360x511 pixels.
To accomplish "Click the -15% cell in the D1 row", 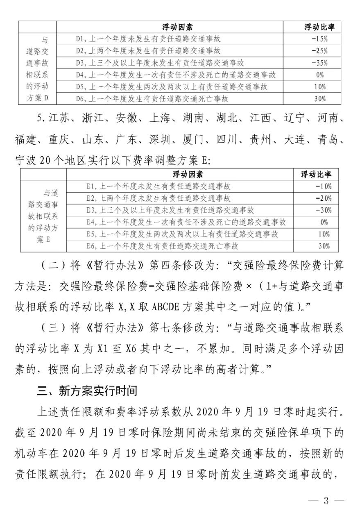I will click(319, 39).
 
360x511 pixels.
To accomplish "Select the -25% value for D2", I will click(319, 51).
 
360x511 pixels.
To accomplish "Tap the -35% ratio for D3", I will click(319, 63).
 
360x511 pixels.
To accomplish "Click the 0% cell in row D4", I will click(319, 75).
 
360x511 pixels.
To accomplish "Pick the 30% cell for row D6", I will click(319, 99).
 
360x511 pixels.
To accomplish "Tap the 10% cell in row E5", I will click(324, 234).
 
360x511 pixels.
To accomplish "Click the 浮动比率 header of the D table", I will click(319, 27).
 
